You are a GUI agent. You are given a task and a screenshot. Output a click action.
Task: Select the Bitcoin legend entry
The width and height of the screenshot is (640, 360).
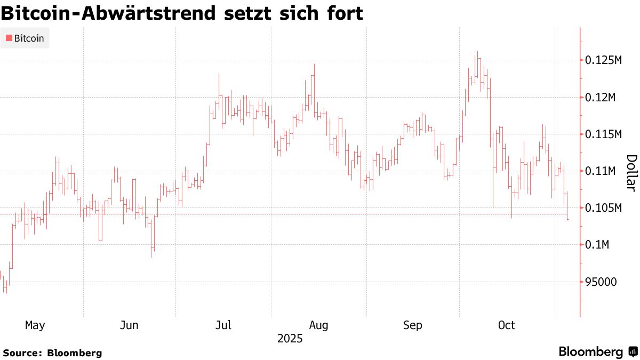coord(29,38)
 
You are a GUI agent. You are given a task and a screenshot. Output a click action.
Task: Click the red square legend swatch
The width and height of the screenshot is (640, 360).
coord(9,38)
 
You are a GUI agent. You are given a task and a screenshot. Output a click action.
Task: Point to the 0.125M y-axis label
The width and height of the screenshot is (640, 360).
coord(604,61)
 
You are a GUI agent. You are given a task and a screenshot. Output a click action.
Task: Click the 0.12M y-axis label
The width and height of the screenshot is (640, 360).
coord(601,98)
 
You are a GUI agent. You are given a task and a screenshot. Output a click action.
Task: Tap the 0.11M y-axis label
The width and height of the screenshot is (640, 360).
coord(601,171)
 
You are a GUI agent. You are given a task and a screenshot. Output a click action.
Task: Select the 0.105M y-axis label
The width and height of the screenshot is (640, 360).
coord(604,208)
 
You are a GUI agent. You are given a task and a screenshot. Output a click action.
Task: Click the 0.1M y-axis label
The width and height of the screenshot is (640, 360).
coord(598,245)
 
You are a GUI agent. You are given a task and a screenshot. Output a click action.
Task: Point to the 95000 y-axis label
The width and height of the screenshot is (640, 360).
coord(601,282)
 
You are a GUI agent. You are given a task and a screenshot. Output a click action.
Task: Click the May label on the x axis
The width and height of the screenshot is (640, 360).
coord(35,325)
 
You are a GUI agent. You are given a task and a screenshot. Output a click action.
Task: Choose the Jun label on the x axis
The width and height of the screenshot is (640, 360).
coord(130,325)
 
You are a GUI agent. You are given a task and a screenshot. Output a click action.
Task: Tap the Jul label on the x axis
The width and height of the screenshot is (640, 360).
coord(223,325)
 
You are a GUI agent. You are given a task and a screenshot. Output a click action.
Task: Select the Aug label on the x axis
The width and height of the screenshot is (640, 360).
coord(318,325)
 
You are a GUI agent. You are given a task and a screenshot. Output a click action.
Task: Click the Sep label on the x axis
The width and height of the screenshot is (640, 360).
coord(413,325)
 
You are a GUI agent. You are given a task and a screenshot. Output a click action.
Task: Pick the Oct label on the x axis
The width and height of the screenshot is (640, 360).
coord(506,325)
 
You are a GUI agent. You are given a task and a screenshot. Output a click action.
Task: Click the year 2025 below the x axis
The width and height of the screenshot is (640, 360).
coord(290,339)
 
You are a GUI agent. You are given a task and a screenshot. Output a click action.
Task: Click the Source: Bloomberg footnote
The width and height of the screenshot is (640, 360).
coord(52,353)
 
